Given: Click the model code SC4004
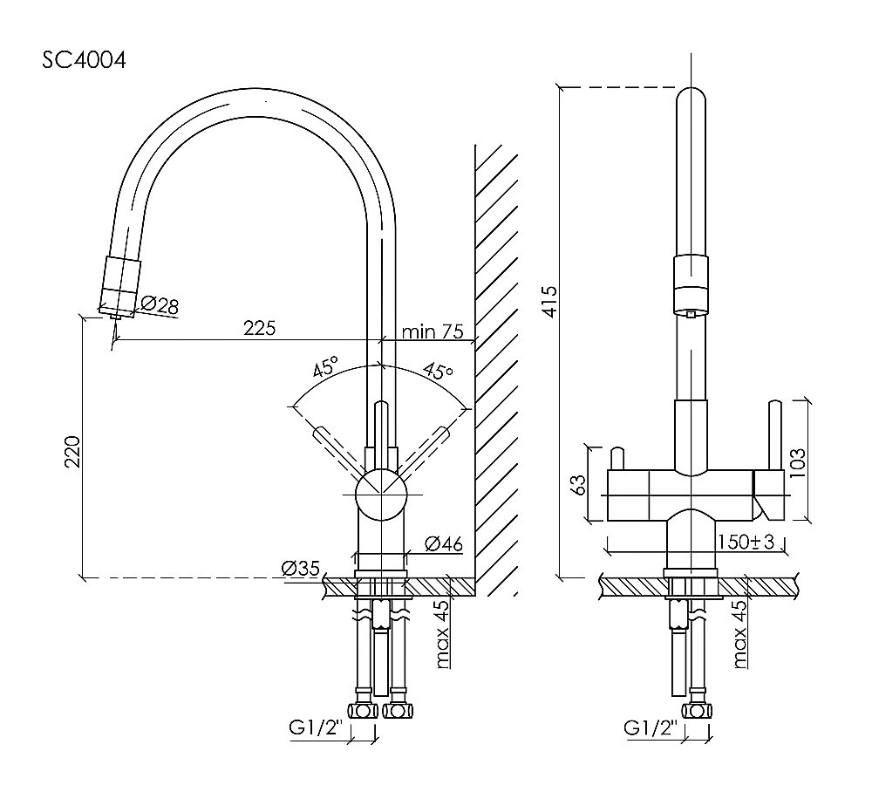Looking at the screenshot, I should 85,61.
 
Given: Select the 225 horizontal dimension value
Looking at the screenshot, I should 259,328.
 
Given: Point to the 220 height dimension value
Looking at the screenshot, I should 74,452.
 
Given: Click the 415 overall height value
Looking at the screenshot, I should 548,301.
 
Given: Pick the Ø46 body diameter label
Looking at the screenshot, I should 443,544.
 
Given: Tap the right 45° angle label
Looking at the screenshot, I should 438,370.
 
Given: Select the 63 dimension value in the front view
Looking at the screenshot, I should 577,486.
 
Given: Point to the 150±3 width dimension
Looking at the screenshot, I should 746,542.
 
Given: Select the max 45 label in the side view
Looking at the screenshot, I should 443,634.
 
